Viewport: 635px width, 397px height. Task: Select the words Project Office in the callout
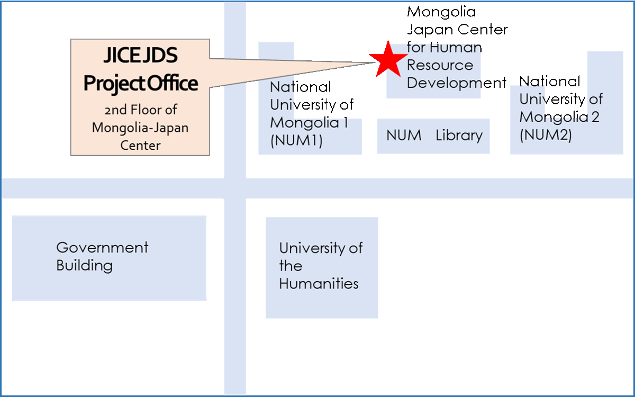tap(141, 83)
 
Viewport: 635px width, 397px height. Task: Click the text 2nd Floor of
tap(140, 110)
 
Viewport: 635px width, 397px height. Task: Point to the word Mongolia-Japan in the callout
tap(140, 128)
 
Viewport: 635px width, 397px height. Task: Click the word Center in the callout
tap(140, 145)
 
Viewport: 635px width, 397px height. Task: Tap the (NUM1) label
tap(296, 141)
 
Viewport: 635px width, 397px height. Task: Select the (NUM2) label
tap(546, 135)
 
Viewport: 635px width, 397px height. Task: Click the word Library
tap(459, 136)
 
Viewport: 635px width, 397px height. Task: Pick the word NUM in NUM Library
tap(404, 136)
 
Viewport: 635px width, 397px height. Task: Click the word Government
tap(102, 247)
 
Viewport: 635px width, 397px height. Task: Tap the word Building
tap(84, 265)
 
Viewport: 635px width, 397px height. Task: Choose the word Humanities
tap(319, 284)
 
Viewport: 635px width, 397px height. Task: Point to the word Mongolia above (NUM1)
tap(305, 123)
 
